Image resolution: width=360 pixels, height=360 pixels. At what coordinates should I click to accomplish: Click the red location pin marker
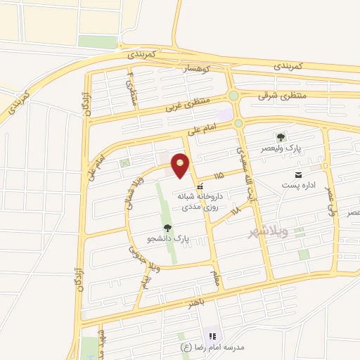coord(181,165)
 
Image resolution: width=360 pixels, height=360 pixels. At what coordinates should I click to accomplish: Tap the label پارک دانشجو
coord(167,238)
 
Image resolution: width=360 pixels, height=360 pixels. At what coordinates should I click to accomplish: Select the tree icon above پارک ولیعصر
coord(281,137)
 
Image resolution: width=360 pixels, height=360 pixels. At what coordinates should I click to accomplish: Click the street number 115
coord(219,174)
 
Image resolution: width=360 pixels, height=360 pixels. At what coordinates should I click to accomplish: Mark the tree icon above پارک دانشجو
coord(167,227)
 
